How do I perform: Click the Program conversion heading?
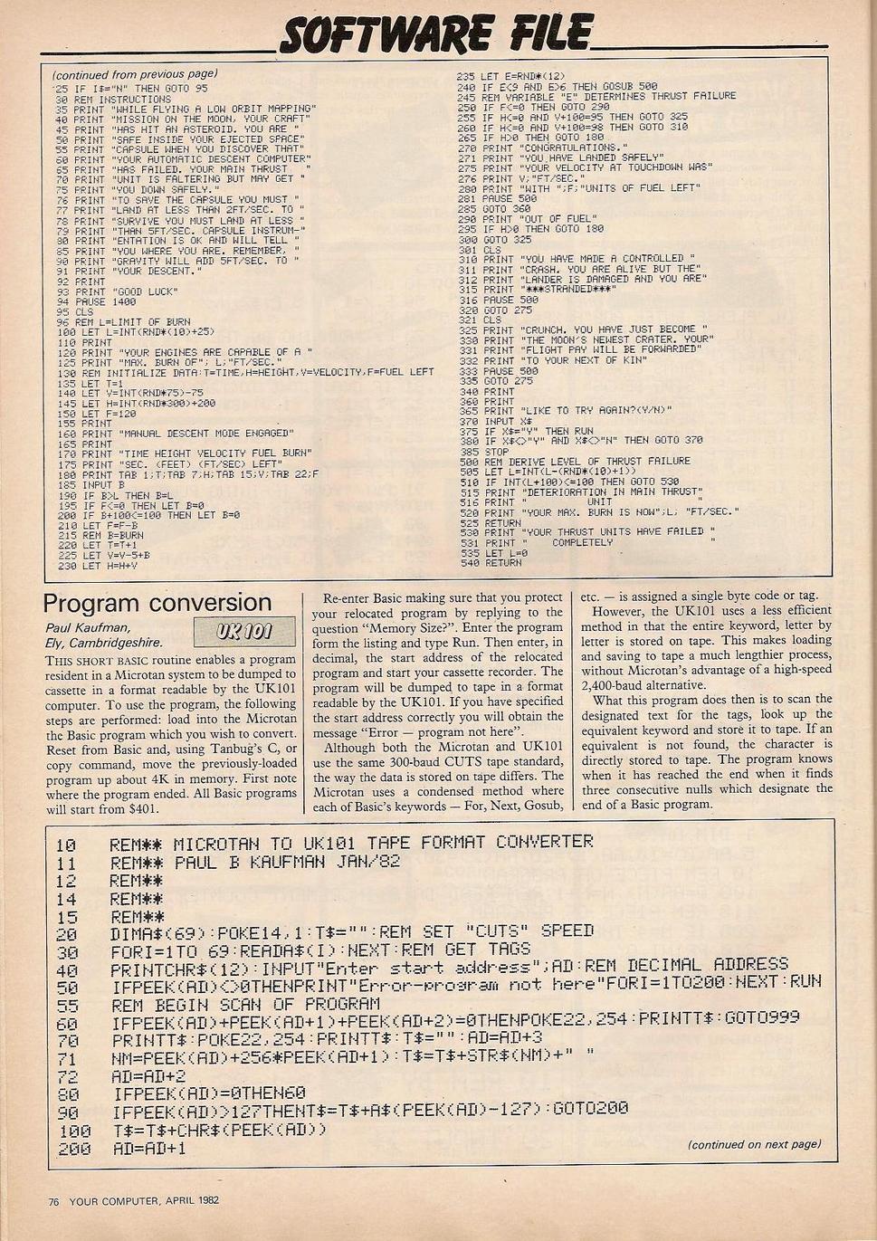pyautogui.click(x=157, y=603)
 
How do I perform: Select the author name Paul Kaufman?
pyautogui.click(x=90, y=626)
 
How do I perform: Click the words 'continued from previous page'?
pyautogui.click(x=135, y=74)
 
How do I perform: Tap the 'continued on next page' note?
pyautogui.click(x=754, y=1144)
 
